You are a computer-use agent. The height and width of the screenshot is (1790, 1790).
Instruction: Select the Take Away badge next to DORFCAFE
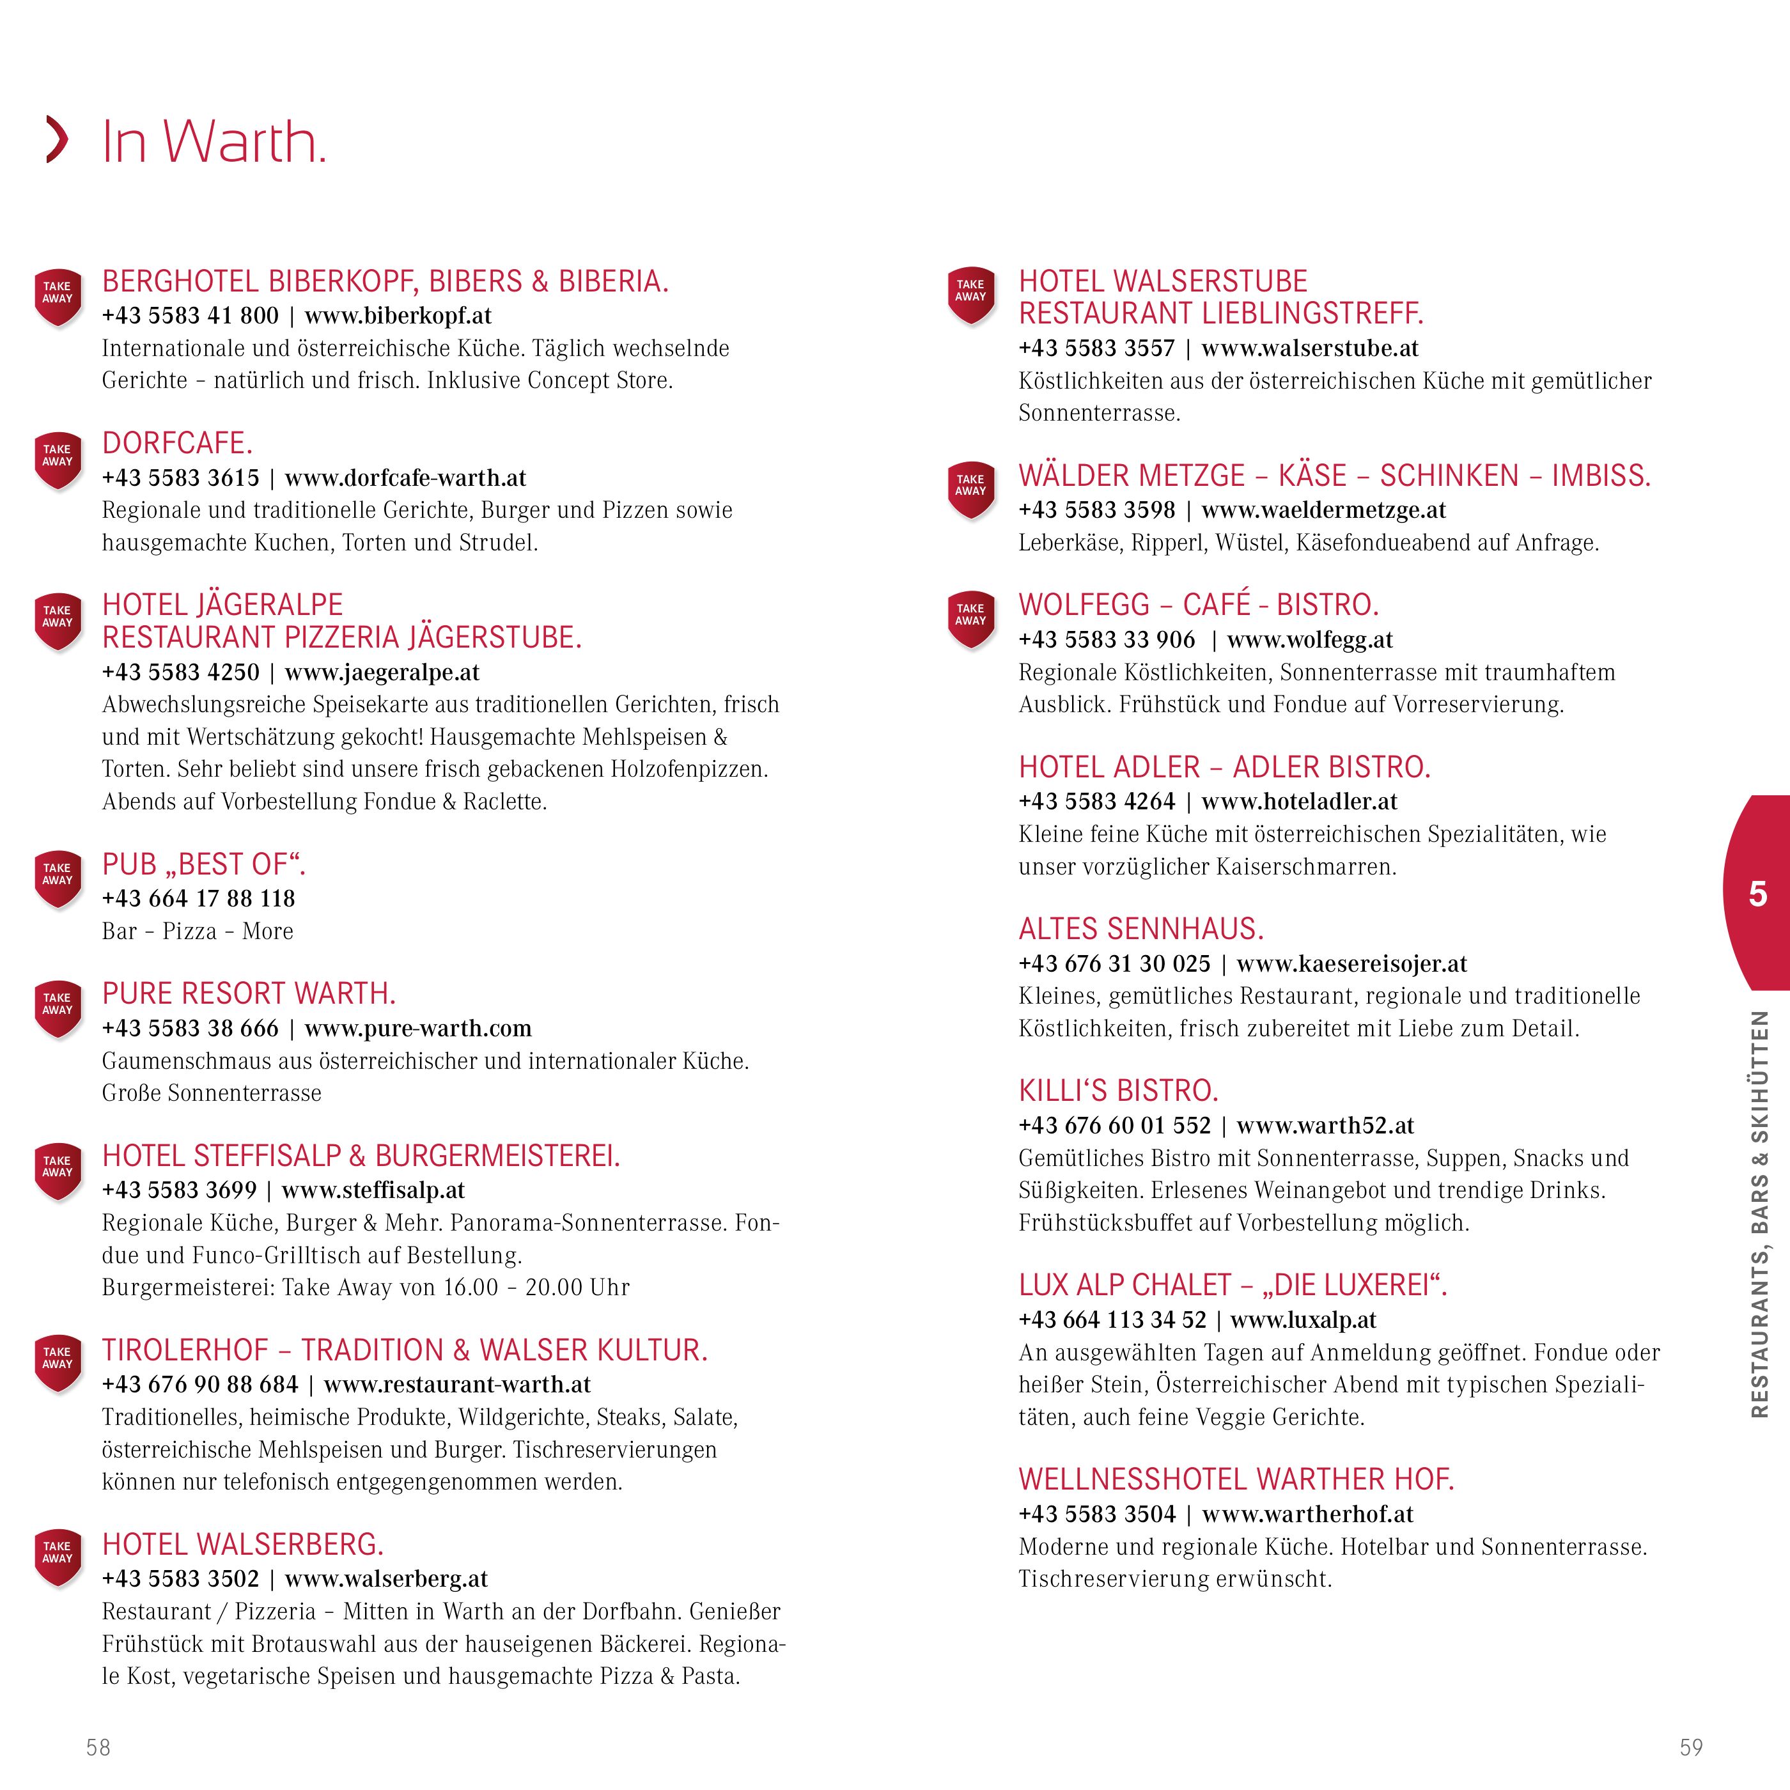tap(58, 458)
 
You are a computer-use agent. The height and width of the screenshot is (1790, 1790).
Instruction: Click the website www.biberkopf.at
tap(398, 316)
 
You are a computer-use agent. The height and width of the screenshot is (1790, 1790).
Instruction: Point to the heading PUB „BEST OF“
tap(204, 864)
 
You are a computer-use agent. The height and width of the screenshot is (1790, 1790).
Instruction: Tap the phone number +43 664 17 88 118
tap(198, 899)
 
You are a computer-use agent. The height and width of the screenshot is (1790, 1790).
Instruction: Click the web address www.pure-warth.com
tap(418, 1029)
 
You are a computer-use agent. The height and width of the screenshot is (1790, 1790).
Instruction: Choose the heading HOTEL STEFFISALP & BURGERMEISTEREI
tap(361, 1156)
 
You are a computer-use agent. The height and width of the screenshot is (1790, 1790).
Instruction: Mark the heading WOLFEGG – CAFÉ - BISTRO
tap(1199, 605)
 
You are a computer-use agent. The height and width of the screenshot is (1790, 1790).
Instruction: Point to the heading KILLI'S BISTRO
tap(1118, 1091)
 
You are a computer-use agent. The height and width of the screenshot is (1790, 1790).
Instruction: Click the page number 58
tap(98, 1747)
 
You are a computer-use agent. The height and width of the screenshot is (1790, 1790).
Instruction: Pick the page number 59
tap(1691, 1747)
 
